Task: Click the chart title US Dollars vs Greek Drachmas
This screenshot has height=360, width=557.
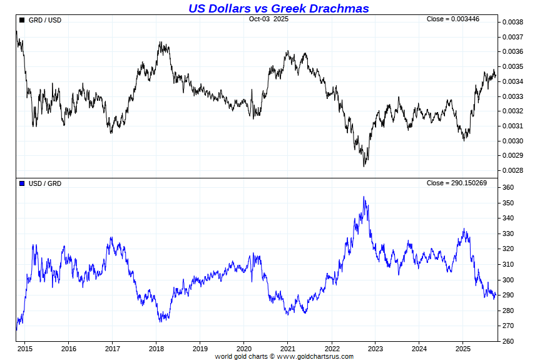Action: point(278,8)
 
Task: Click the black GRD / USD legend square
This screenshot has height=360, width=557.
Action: point(22,20)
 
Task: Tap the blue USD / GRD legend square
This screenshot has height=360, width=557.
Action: point(22,183)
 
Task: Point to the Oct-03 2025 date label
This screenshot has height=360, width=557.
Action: point(268,19)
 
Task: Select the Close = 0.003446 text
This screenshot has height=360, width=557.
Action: point(452,19)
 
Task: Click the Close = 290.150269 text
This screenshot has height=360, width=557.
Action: point(456,183)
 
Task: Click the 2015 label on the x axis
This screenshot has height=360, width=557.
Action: point(25,349)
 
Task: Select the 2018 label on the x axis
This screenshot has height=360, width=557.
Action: point(156,349)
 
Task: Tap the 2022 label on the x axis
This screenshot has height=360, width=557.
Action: point(332,349)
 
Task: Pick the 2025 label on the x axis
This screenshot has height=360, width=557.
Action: point(463,349)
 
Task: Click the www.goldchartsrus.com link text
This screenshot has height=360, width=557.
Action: point(315,357)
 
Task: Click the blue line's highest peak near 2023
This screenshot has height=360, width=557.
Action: point(364,197)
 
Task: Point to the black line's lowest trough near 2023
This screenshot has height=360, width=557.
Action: point(364,166)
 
